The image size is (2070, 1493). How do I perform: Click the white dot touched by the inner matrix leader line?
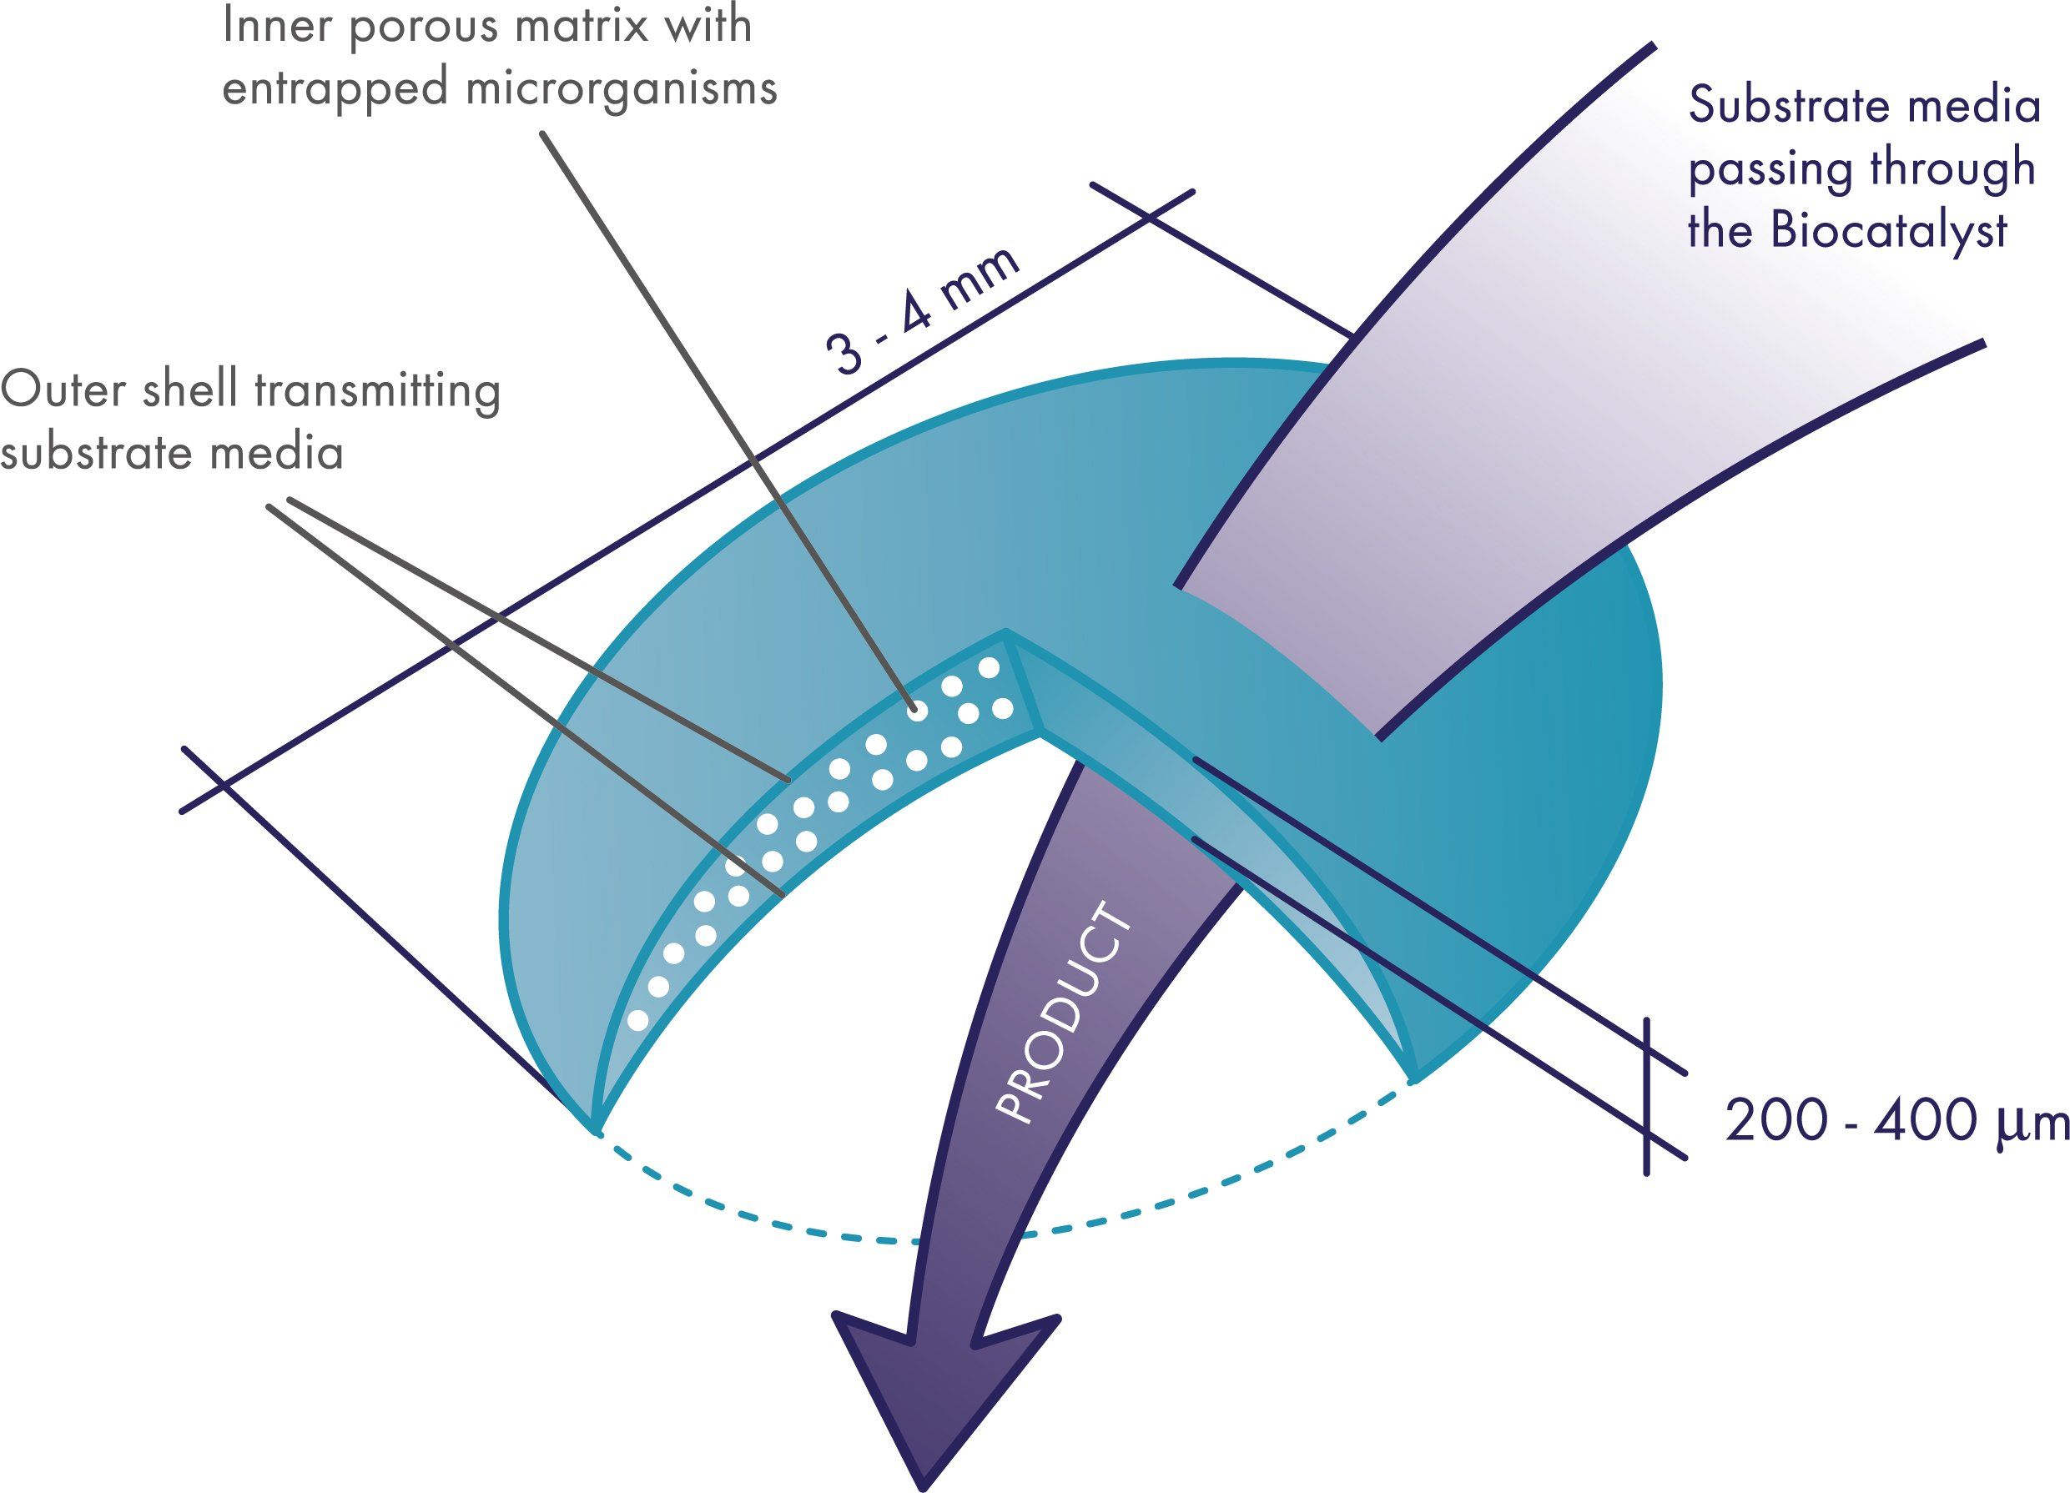918,710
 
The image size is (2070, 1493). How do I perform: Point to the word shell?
194,390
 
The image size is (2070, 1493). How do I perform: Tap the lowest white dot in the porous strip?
639,1020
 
